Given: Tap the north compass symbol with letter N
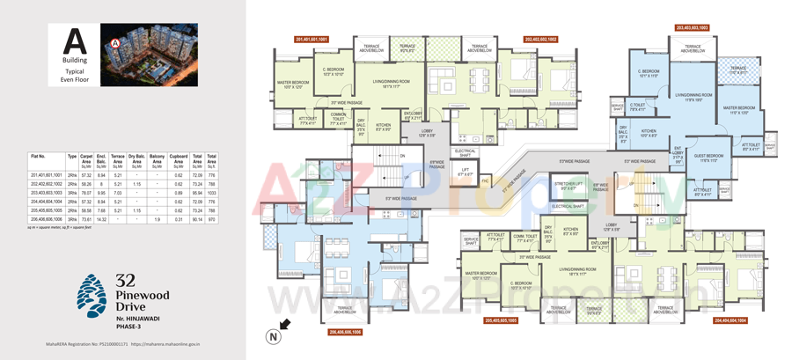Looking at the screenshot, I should [x=276, y=336].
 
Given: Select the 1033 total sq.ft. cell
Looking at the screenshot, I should [x=211, y=193].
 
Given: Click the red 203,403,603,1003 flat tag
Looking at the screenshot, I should [x=693, y=28].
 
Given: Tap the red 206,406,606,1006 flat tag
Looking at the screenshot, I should [x=345, y=333].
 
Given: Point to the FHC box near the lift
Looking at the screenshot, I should [x=485, y=181].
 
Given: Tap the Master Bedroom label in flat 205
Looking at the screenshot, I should [x=481, y=276].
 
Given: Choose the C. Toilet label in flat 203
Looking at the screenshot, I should [x=638, y=107].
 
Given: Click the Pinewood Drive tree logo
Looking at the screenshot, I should [x=92, y=295].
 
